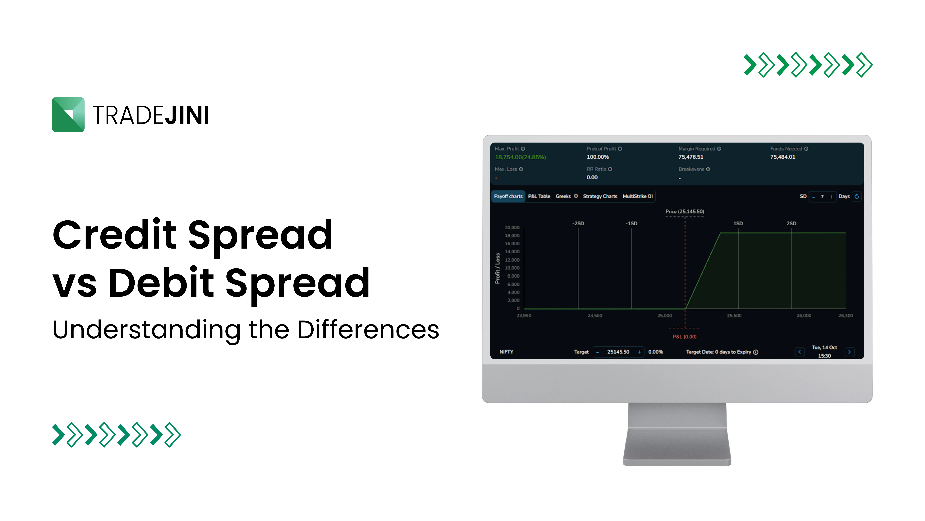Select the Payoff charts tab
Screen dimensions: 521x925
pos(508,196)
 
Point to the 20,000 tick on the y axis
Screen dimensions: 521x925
pos(512,228)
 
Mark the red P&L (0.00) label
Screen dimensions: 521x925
pos(684,337)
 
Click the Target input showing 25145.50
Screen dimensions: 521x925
pos(618,352)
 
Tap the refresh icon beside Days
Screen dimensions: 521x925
pos(857,196)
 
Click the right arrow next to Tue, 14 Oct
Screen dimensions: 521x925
pos(849,352)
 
